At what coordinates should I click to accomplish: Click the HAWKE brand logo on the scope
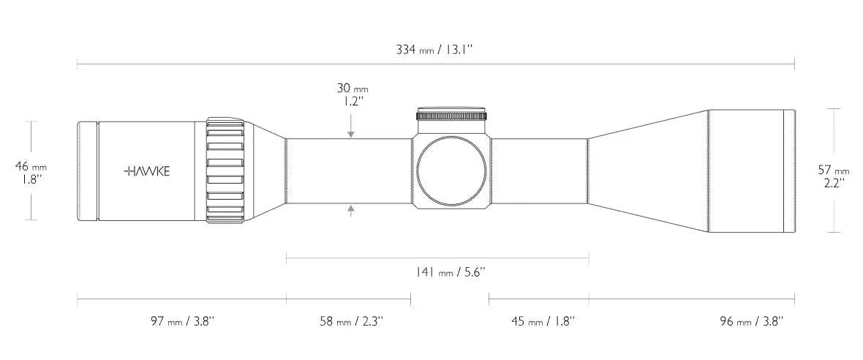pyautogui.click(x=147, y=171)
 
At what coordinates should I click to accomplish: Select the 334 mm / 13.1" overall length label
pyautogui.click(x=435, y=50)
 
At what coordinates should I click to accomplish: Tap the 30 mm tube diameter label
pyautogui.click(x=353, y=88)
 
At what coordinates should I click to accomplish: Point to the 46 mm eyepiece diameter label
pyautogui.click(x=31, y=166)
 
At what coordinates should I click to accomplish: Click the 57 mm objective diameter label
pyautogui.click(x=834, y=170)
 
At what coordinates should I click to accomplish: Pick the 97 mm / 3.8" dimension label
pyautogui.click(x=182, y=321)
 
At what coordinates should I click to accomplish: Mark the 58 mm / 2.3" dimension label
pyautogui.click(x=351, y=321)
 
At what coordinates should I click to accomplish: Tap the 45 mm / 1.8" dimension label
pyautogui.click(x=543, y=321)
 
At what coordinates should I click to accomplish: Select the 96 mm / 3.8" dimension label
pyautogui.click(x=751, y=321)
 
